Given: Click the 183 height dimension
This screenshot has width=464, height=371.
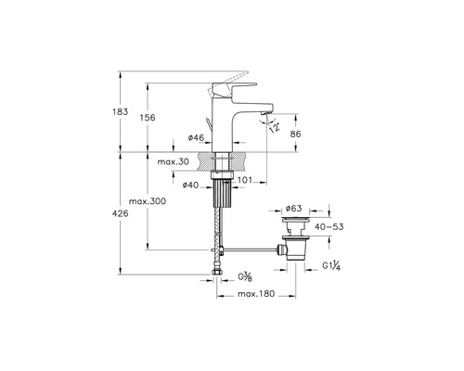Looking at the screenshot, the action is point(120,111).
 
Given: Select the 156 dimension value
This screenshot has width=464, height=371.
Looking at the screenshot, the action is point(148,118).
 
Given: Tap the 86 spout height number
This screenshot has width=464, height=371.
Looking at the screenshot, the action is point(295,134).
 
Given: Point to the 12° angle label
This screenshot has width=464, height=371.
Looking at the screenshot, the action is point(275,127).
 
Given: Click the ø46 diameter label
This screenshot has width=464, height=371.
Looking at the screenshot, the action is point(196,137).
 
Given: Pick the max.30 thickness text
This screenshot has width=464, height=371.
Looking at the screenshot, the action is point(174,161).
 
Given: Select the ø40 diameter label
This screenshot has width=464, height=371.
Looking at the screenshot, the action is point(190,185).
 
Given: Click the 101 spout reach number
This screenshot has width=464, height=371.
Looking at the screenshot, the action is point(245,180).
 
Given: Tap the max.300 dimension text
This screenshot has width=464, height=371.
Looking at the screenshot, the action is point(148,201).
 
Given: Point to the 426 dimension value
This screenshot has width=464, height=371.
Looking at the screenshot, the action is point(120,213).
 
